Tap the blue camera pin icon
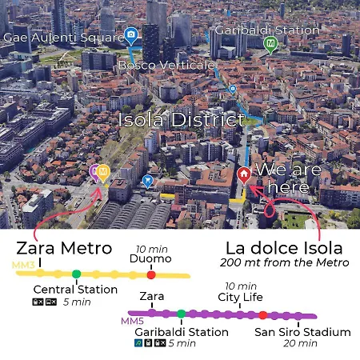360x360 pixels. (131, 35)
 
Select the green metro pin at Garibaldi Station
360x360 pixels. (270, 43)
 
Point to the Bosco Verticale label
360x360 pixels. (166, 64)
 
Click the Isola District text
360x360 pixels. (181, 121)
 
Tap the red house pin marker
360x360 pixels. (244, 174)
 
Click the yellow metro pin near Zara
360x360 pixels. (103, 171)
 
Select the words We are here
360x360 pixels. (288, 178)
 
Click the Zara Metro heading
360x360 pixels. (64, 247)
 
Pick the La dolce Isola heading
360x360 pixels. (284, 247)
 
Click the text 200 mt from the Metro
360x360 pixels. (286, 263)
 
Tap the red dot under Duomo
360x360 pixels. (151, 274)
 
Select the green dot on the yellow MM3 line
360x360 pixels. (76, 274)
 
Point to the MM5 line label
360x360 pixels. (132, 321)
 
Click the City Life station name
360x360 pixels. (240, 298)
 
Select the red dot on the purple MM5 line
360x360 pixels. (262, 315)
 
